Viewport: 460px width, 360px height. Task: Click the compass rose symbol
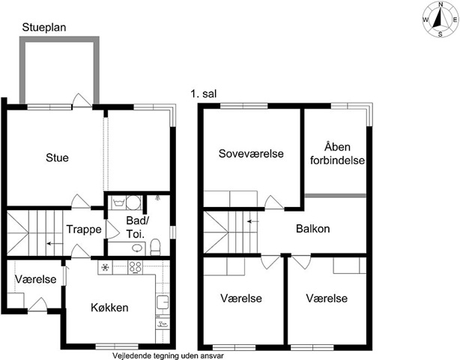point(441,20)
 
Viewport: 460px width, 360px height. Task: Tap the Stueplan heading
point(44,27)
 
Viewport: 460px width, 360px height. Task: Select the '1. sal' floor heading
point(204,94)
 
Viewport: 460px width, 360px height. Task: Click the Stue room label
point(57,157)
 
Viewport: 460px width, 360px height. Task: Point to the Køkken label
point(109,307)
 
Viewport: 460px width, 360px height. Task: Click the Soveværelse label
point(251,154)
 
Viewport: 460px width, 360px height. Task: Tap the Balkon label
point(312,229)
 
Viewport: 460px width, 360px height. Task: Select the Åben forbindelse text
point(337,154)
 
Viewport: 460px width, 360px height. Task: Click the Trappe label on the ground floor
point(84,229)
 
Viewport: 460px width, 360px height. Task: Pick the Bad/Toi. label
point(137,227)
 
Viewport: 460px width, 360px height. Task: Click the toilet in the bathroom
point(155,247)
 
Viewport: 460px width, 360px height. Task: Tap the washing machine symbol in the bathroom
point(119,202)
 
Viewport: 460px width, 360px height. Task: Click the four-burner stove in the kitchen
point(136,268)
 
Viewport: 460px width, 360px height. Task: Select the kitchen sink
point(163,302)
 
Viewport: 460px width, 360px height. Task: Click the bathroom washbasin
point(137,248)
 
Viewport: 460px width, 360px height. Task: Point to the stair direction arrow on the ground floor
point(55,244)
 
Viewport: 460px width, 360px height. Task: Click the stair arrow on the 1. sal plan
point(253,221)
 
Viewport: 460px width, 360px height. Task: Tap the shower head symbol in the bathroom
point(158,197)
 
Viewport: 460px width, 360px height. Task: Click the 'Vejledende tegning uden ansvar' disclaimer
point(169,355)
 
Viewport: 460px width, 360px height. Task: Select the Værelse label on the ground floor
point(35,279)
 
